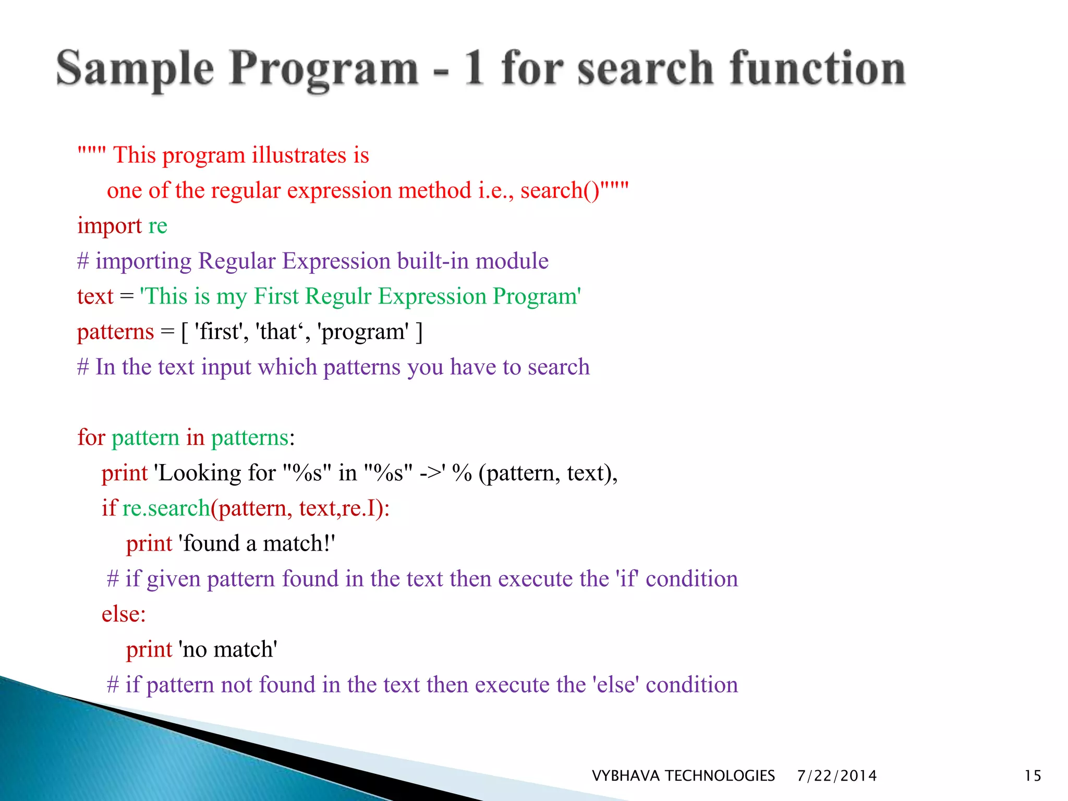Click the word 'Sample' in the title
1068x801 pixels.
click(x=135, y=69)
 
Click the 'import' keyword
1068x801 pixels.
click(x=110, y=226)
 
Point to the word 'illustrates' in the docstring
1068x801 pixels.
click(x=299, y=155)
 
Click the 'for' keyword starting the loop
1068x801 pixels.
click(x=91, y=438)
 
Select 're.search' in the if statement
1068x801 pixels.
click(x=166, y=508)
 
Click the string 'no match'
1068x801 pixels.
click(x=228, y=650)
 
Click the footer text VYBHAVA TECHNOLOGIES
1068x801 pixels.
click(x=683, y=775)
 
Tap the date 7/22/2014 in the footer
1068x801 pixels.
click(x=836, y=775)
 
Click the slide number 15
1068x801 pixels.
click(x=1033, y=775)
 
